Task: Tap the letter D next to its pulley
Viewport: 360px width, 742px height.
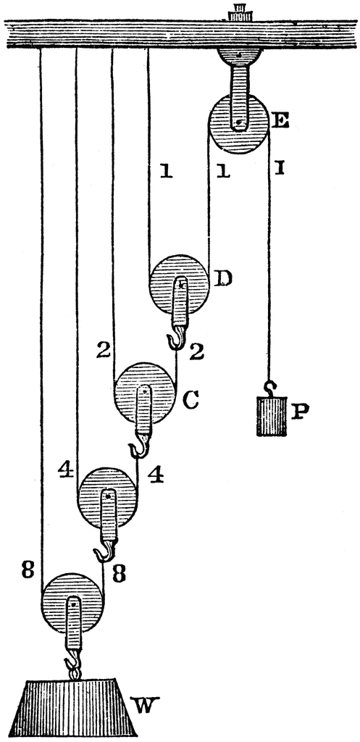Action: pyautogui.click(x=222, y=279)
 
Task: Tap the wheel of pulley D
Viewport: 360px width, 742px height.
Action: pyautogui.click(x=179, y=285)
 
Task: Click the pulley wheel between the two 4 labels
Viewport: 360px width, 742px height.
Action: pyautogui.click(x=109, y=497)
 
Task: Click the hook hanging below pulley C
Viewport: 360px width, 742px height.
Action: pyautogui.click(x=139, y=447)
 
